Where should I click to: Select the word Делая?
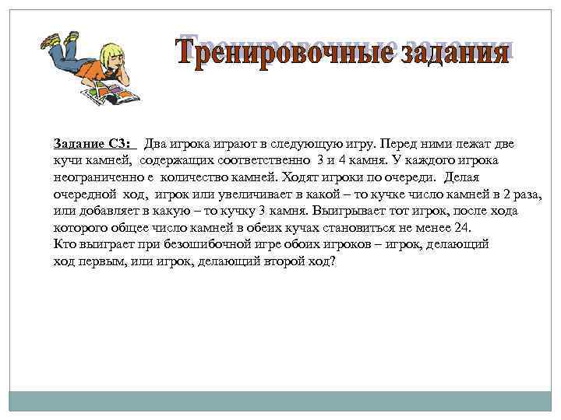click(462, 177)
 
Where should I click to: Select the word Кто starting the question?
click(64, 244)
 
